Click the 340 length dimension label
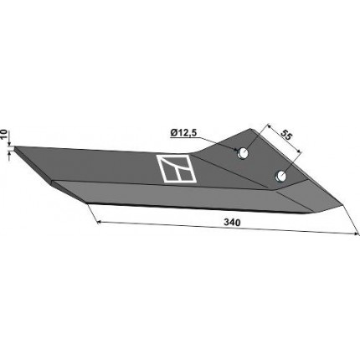click(232, 223)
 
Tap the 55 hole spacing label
click(286, 135)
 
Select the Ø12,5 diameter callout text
click(183, 133)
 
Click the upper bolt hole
click(243, 153)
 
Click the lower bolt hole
click(280, 176)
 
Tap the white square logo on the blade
click(177, 169)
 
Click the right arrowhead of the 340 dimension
click(357, 234)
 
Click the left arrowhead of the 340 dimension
click(99, 222)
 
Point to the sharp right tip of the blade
click(343, 206)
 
